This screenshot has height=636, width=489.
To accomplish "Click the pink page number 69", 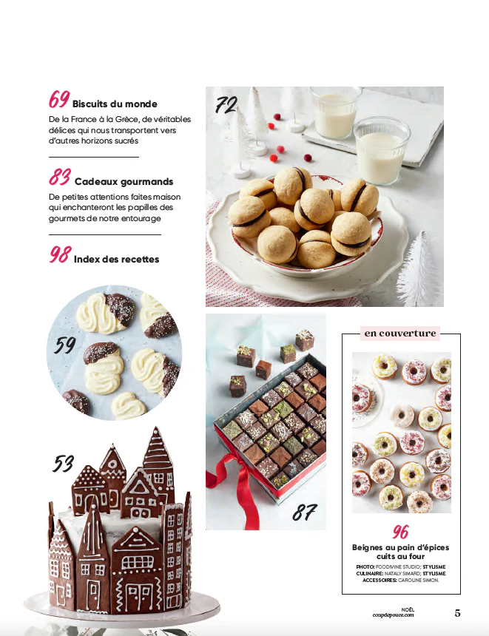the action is click(59, 99).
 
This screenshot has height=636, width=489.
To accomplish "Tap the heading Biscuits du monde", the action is click(115, 104).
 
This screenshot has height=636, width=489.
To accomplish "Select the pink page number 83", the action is click(60, 177).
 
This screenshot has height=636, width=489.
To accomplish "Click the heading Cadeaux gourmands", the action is click(124, 182).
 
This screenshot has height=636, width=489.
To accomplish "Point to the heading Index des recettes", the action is click(116, 259).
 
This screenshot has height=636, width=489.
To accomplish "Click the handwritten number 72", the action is click(226, 105).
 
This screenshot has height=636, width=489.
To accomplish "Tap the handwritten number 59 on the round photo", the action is click(65, 345).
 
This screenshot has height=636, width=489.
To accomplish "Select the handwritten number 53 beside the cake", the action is click(64, 464).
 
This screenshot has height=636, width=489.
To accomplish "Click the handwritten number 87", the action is click(304, 512).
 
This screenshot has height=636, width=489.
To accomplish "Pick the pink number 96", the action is click(400, 531).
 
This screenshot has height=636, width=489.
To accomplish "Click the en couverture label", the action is click(400, 334).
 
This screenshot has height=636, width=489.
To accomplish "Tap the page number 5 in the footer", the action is click(457, 613).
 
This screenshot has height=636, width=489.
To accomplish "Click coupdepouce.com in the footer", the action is click(394, 615).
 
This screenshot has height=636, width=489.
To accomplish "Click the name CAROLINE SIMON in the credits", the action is click(419, 581).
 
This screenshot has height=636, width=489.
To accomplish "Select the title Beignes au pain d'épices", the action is click(400, 547).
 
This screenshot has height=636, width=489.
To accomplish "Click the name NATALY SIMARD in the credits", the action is click(400, 574).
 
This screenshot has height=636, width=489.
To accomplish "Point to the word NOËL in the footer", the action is click(408, 609).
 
